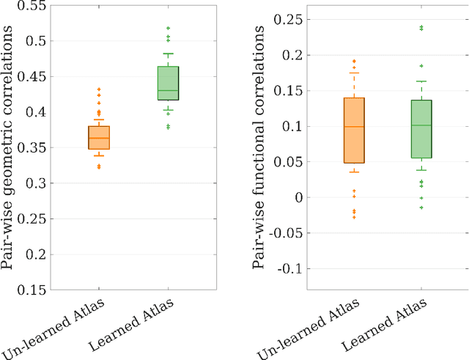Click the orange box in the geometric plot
coord(98,138)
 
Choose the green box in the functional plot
coord(421,129)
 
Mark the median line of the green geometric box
coord(168,90)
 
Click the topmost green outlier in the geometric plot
coord(168,28)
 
